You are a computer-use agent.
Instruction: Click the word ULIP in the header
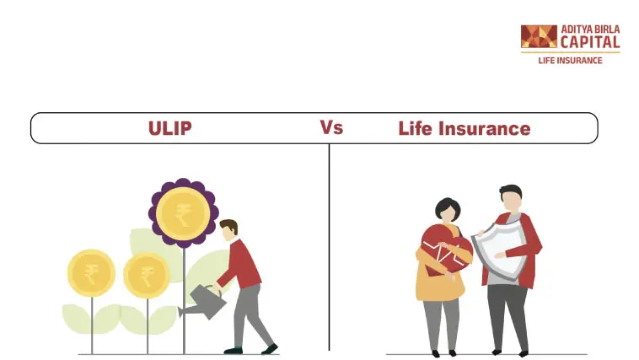point(170,128)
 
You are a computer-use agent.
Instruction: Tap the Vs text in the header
point(331,127)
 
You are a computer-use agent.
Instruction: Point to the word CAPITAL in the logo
point(590,42)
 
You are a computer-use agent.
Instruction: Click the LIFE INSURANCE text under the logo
point(570,61)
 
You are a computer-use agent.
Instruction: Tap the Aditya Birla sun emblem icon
point(539,36)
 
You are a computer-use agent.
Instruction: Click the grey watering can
point(203,302)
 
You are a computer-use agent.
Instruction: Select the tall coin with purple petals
point(184,213)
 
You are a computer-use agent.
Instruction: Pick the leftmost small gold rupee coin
point(91,273)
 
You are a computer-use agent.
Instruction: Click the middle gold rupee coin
point(147,275)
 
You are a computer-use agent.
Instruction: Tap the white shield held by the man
point(500,251)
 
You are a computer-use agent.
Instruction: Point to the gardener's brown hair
point(230,226)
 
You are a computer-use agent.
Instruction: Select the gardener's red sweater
point(240,264)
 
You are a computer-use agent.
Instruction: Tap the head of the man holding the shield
point(511,198)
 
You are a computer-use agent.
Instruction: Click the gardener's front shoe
point(270,349)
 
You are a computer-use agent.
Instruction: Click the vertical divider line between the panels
point(329,247)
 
